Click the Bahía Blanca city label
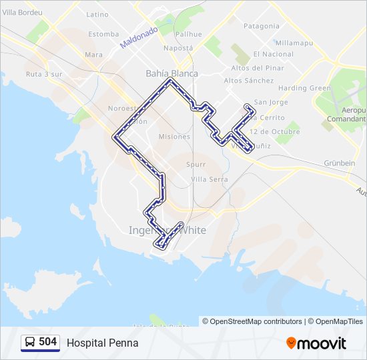pos(171,73)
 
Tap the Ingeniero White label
pos(167,230)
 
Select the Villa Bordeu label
pos(18,13)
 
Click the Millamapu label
pos(294,43)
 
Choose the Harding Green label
pos(304,88)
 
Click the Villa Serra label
pos(209,179)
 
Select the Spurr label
pos(196,163)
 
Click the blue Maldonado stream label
pos(139,37)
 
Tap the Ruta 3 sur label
pos(43,74)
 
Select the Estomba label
pos(103,34)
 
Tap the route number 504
pos(47,342)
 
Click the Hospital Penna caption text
pos(103,343)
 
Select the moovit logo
pos(316,343)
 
